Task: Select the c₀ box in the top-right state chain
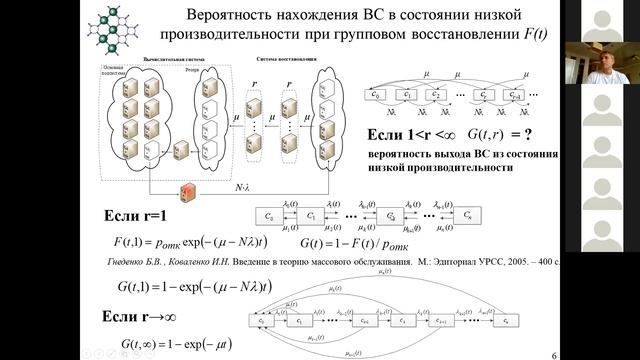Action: pyautogui.click(x=378, y=95)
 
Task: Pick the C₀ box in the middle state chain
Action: pyautogui.click(x=269, y=214)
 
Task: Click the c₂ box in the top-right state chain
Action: pyautogui.click(x=436, y=95)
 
